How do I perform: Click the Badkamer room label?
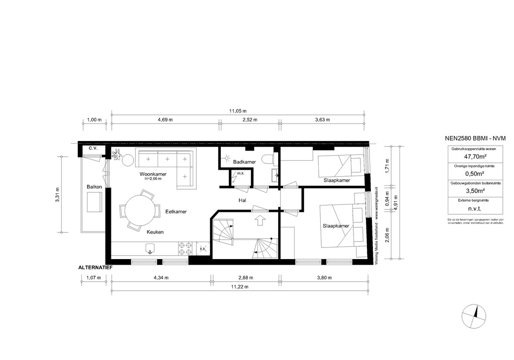coord(244,162)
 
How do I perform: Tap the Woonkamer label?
coord(153,174)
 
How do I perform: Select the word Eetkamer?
coord(176,212)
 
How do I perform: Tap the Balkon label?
coord(94,187)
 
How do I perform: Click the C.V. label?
coord(92,149)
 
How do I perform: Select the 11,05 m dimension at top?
coord(238,111)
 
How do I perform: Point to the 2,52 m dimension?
coord(249,120)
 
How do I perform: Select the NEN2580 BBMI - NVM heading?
coord(475,138)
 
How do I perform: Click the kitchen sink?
coord(150,248)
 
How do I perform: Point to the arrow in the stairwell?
coord(260,220)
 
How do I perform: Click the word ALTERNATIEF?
coord(95,268)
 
